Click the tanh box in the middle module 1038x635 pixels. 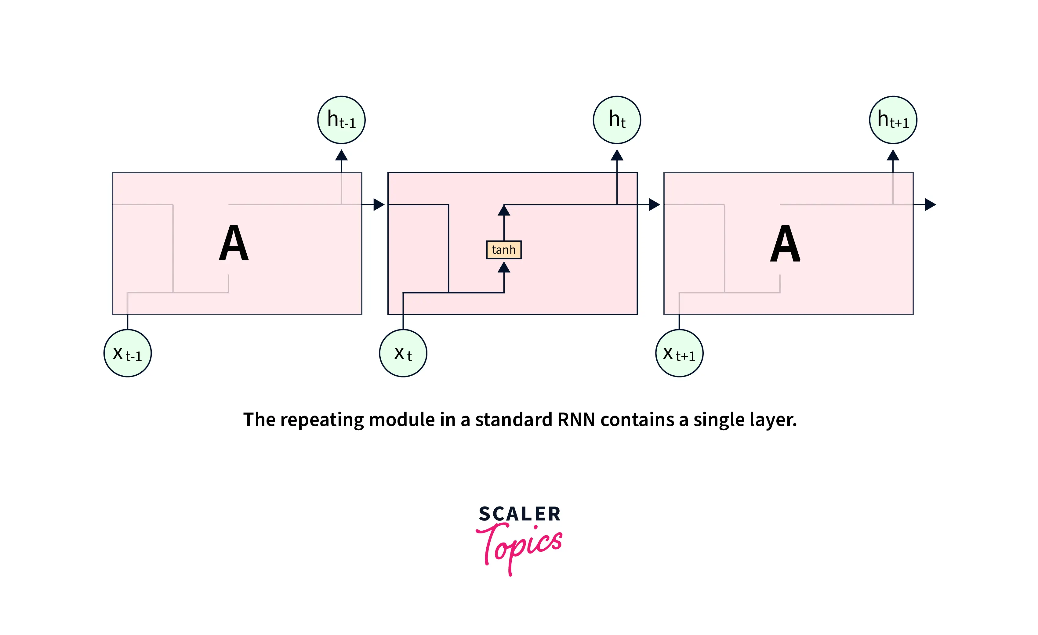pos(504,250)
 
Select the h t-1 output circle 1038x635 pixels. pos(341,120)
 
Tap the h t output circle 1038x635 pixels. pos(617,120)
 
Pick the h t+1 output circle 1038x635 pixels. pos(893,120)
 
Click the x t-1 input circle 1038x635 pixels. pos(128,353)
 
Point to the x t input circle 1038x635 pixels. pos(403,353)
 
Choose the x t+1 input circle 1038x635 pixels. pos(679,353)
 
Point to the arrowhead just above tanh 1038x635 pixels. pos(504,210)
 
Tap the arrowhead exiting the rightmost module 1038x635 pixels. pos(930,205)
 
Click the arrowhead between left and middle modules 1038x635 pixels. pos(379,205)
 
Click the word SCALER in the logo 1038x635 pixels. pos(519,514)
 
